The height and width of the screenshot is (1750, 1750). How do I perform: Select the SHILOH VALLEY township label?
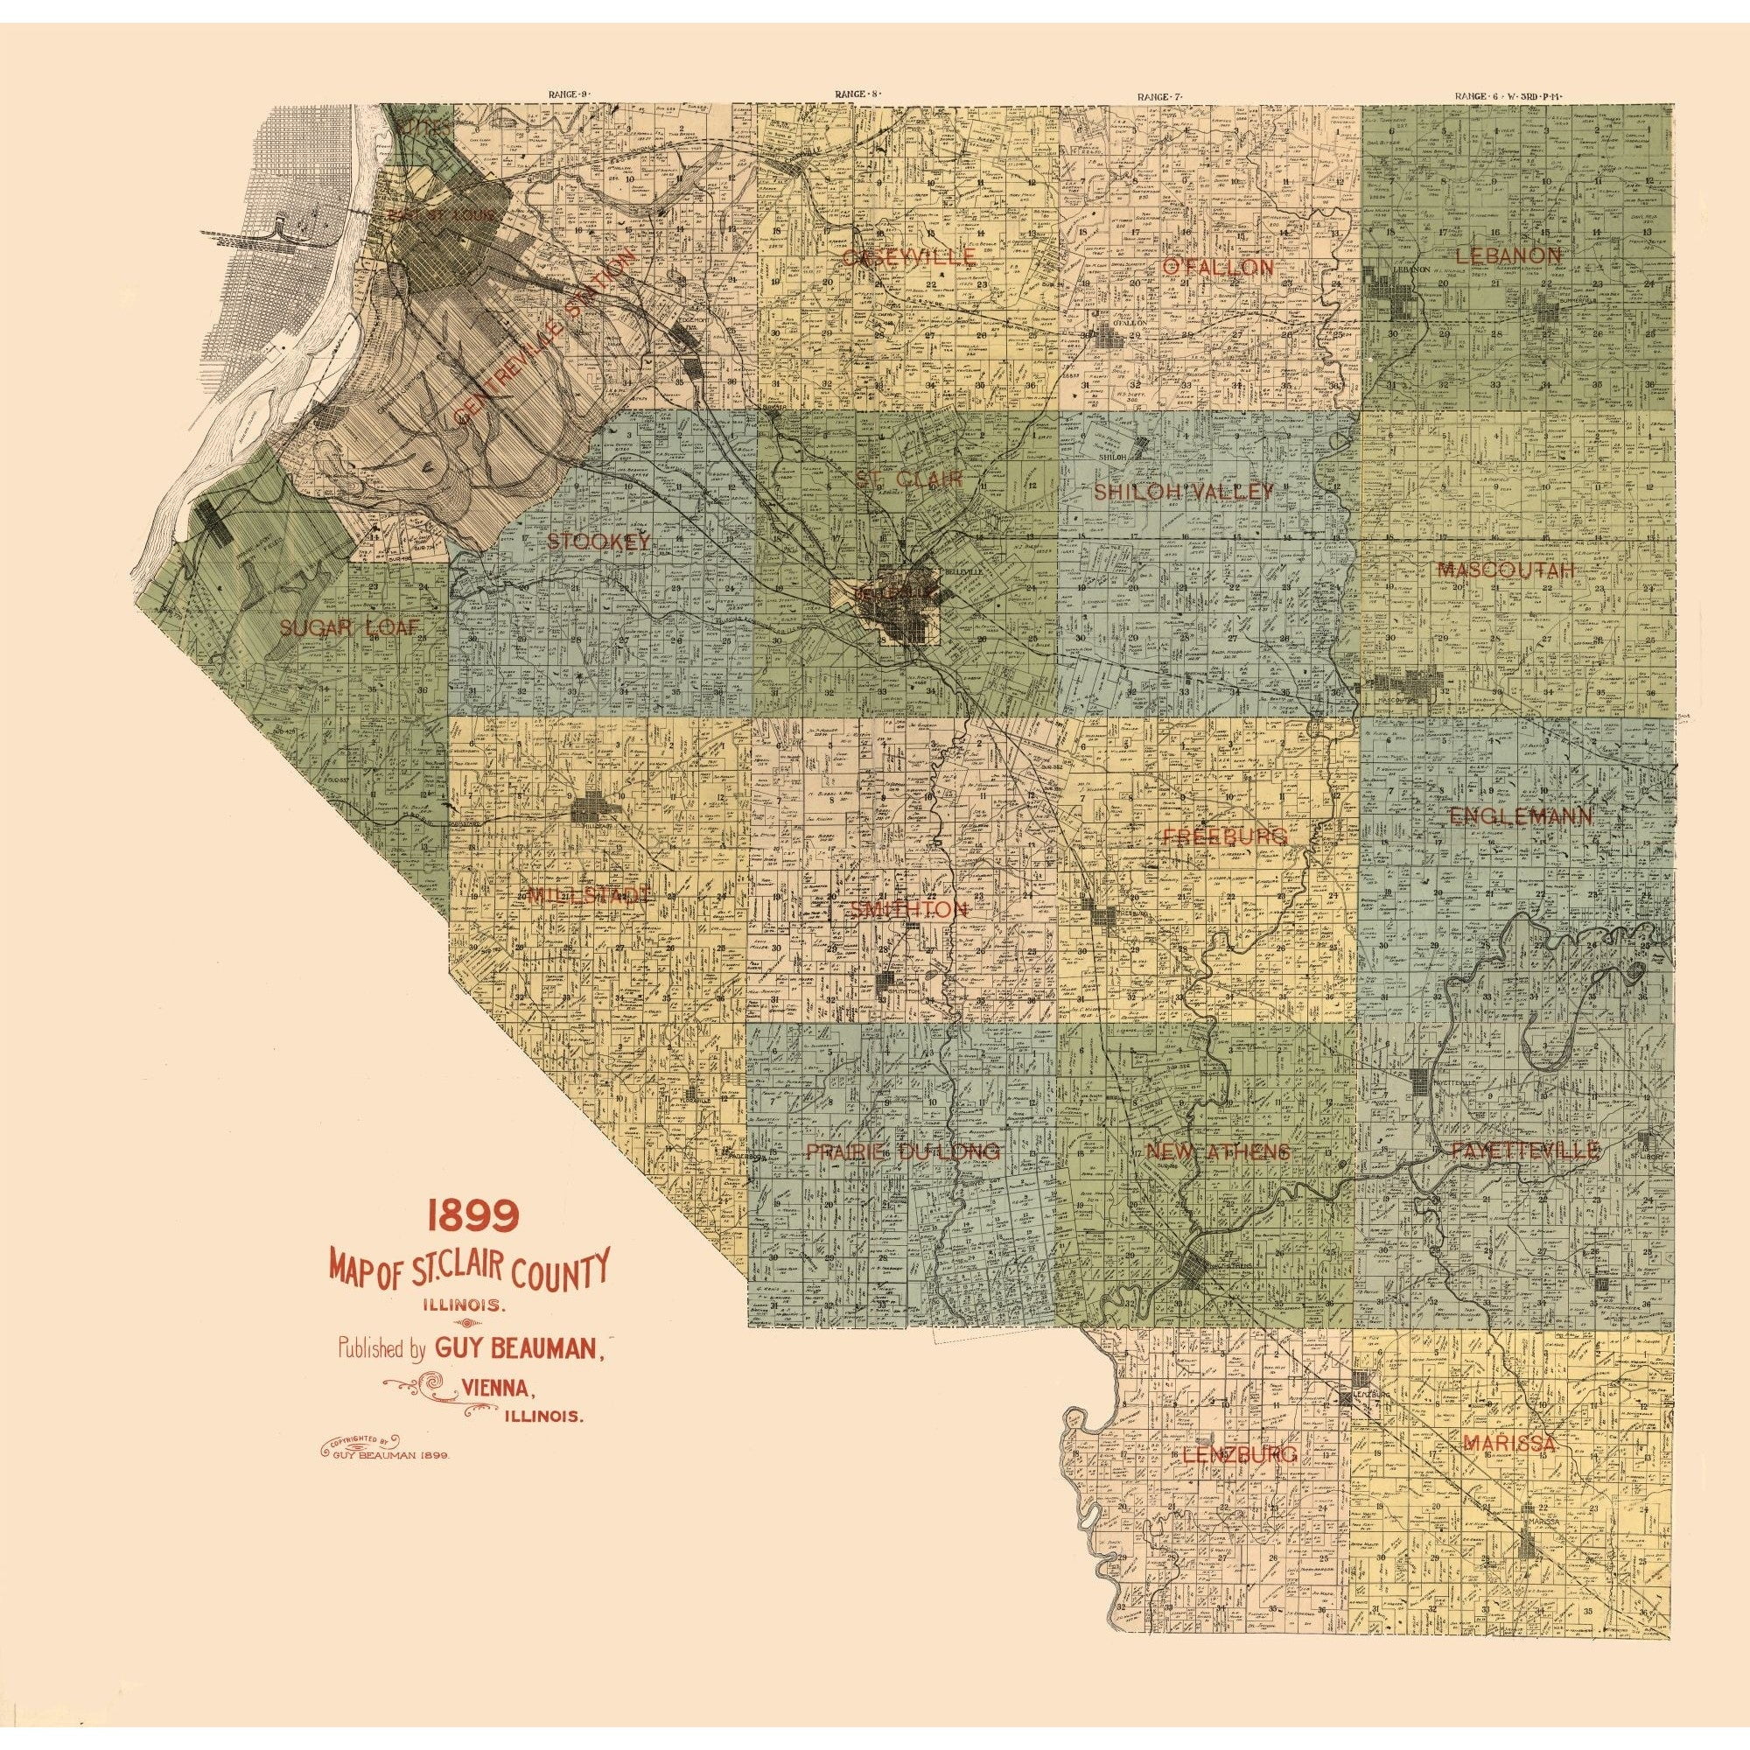point(1184,492)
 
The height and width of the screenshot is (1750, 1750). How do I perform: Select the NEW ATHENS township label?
point(1217,1152)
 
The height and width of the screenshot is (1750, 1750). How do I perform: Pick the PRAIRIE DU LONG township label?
point(903,1152)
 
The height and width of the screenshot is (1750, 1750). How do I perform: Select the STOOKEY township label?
point(599,542)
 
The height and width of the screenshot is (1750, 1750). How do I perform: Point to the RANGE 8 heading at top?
point(857,94)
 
